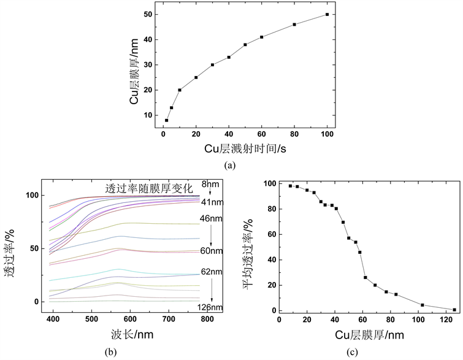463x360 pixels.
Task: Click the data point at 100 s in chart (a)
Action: coord(327,14)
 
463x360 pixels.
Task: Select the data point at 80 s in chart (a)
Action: coord(294,25)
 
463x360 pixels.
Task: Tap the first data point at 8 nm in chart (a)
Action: coord(166,120)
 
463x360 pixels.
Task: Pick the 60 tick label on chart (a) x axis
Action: coord(261,134)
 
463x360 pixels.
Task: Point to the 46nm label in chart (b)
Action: coord(210,218)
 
